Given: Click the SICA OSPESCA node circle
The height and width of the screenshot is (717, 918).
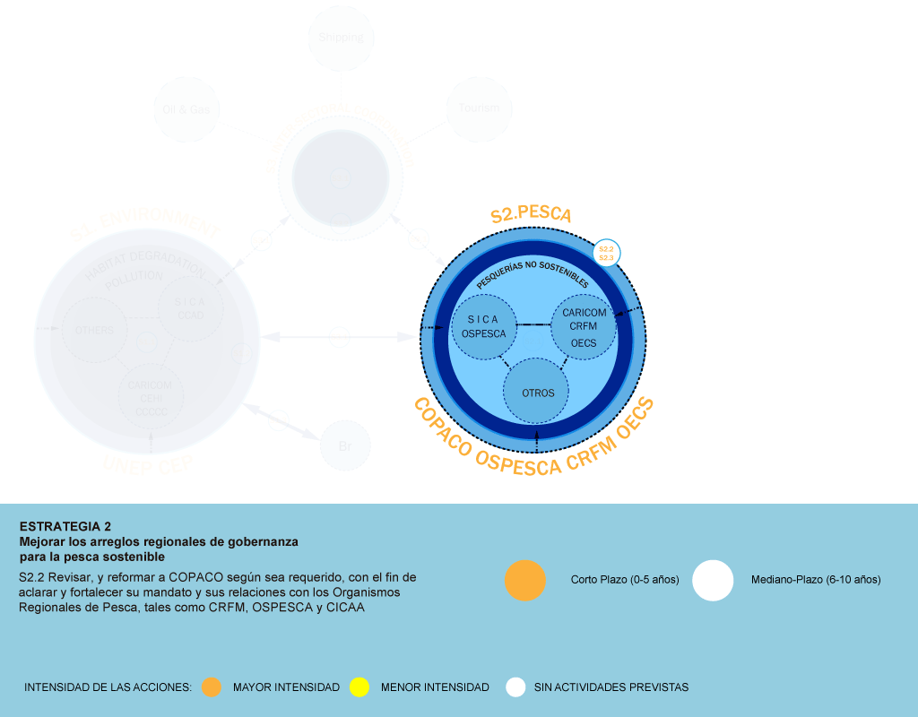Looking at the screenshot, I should click(x=484, y=326).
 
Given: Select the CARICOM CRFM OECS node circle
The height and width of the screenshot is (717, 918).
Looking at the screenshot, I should click(x=583, y=326).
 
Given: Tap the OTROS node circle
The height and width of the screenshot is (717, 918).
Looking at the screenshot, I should click(x=538, y=393).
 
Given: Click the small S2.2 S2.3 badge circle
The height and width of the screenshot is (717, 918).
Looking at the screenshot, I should click(x=606, y=253).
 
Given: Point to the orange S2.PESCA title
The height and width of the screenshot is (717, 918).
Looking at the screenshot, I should click(x=531, y=215).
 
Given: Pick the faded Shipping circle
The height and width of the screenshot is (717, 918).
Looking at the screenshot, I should click(x=341, y=38).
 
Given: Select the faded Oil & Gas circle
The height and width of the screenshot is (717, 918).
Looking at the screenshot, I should click(x=186, y=109).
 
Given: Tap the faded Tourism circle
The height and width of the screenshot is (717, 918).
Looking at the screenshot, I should click(x=480, y=108).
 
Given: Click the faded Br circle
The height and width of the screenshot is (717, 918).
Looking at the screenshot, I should click(x=345, y=445).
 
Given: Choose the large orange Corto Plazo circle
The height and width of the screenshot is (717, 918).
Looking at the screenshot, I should click(x=525, y=580).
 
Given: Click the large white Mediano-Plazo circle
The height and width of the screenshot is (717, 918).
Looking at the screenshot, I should click(x=713, y=580).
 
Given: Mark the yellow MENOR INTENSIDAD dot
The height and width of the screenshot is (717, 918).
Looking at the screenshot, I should click(x=359, y=687).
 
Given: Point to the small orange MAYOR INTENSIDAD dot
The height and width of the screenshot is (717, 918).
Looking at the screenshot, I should click(x=212, y=687).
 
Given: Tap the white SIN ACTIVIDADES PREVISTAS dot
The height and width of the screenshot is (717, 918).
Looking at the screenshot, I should click(x=515, y=687).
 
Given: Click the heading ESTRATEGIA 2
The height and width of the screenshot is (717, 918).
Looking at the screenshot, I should click(x=65, y=526).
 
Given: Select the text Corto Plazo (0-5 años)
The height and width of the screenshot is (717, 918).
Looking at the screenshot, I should click(x=625, y=580).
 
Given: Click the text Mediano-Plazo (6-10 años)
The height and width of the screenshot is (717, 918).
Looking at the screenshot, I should click(x=816, y=580).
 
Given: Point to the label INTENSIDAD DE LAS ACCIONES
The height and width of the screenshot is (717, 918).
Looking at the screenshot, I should click(x=108, y=687).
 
